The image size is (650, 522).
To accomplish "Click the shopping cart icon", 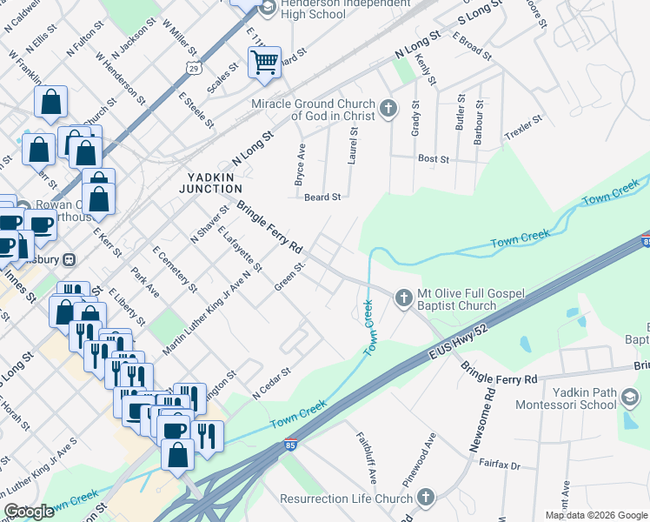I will click(264, 62).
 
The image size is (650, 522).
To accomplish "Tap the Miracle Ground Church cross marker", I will click(388, 110).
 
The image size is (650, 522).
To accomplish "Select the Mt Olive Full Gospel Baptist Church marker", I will click(403, 298).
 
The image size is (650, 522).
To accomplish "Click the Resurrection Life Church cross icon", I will click(425, 499).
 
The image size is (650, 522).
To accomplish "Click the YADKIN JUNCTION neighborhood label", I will click(210, 182).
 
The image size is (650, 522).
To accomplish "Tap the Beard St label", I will click(322, 197).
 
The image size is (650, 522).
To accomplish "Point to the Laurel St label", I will click(354, 144).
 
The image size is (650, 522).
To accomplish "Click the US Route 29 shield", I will click(192, 68).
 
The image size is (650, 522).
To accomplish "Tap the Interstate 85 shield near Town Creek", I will click(288, 446).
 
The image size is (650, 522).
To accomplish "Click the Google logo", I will click(30, 511).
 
